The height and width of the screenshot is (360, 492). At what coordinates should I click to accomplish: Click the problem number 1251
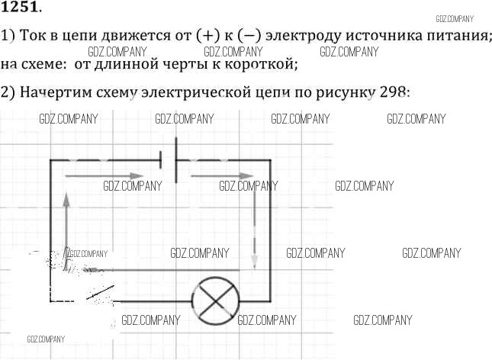(x=20, y=6)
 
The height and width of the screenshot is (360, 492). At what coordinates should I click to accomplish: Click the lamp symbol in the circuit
(x=215, y=301)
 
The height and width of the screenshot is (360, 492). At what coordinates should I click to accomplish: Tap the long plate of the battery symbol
(x=176, y=160)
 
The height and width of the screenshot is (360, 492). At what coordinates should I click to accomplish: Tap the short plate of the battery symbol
(x=161, y=159)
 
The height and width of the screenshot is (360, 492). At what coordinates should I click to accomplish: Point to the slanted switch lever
(x=101, y=292)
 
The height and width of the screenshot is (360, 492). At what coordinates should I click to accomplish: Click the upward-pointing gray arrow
(x=66, y=231)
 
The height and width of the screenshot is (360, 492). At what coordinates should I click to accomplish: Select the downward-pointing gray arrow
(x=255, y=230)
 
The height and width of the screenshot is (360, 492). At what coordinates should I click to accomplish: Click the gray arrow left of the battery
(x=105, y=176)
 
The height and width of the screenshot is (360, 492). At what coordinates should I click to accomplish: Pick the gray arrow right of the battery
(x=222, y=176)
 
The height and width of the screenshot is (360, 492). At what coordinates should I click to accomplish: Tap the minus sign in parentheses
(x=249, y=36)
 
